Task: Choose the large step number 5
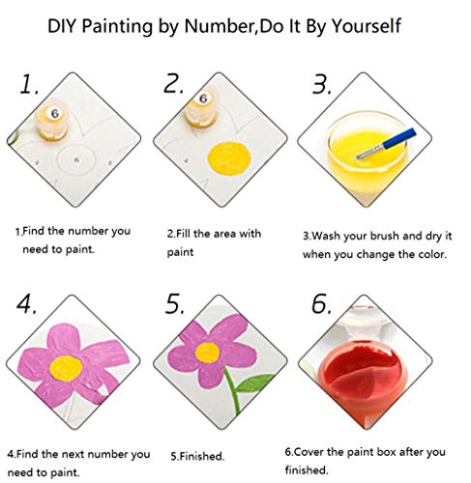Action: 175,304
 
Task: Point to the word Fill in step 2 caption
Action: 188,233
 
